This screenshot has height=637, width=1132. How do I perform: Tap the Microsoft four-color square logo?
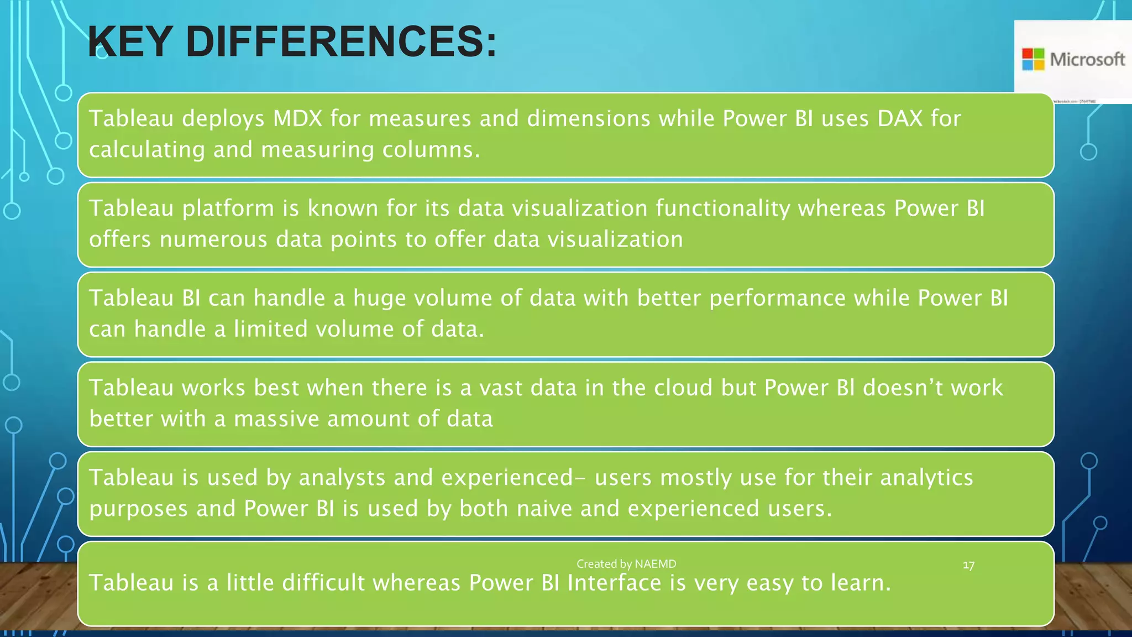pos(1033,59)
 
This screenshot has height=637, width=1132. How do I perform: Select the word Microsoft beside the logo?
pos(1087,59)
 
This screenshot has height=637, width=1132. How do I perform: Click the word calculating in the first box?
pos(147,150)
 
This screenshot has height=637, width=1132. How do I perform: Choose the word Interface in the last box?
pos(614,583)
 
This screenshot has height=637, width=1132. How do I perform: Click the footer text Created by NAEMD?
pos(626,564)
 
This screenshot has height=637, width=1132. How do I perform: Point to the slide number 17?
pos(968,565)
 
